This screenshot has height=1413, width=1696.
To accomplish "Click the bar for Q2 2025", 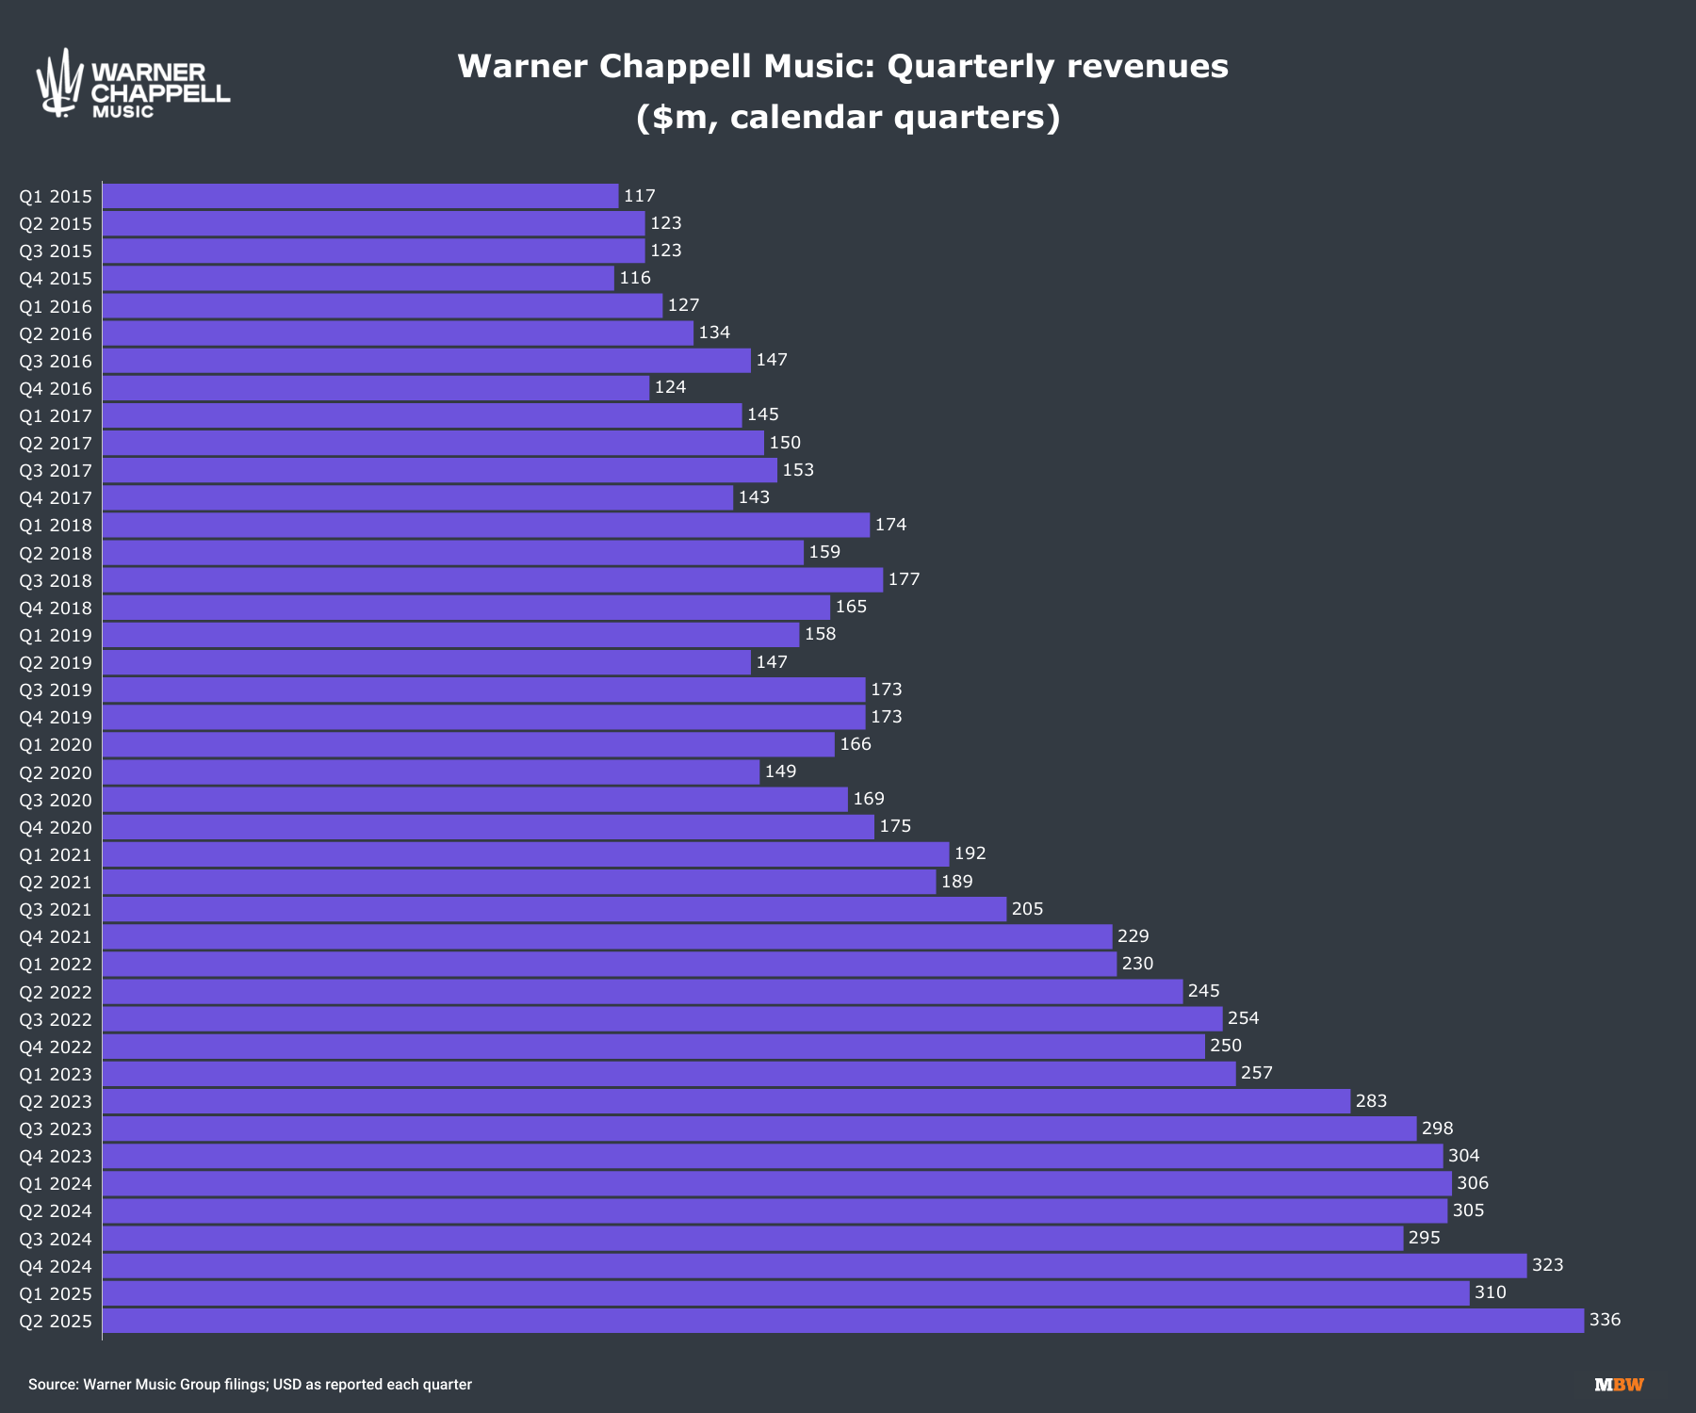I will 843,1321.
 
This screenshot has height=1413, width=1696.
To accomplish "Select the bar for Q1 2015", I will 360,196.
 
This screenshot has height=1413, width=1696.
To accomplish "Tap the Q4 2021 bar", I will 607,936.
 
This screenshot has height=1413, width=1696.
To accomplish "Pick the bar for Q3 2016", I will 426,361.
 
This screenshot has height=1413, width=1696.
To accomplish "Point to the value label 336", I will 1605,1320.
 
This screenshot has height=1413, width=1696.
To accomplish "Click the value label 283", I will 1371,1101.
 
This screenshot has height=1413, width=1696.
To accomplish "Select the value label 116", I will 635,278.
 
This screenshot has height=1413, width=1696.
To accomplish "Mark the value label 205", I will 1027,909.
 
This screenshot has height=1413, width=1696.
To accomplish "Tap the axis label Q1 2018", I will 56,526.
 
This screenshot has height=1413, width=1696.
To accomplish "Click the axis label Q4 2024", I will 56,1266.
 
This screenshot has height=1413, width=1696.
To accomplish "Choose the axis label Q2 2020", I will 56,772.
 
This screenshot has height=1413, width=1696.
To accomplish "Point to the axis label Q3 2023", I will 56,1129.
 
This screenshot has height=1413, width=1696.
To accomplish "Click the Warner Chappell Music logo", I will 132,84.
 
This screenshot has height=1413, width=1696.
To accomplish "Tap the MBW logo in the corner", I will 1619,1385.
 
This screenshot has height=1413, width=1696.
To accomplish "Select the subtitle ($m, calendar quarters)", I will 848,118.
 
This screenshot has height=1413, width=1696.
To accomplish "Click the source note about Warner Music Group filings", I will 250,1385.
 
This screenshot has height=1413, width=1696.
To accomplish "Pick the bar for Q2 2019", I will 426,662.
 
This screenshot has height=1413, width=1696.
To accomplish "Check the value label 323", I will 1547,1265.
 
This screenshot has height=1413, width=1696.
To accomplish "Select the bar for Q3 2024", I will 752,1239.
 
